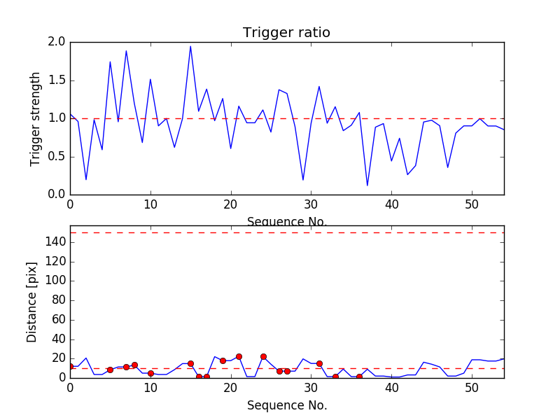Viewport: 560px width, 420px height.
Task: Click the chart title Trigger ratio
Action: point(286,33)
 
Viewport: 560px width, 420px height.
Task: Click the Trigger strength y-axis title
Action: point(36,118)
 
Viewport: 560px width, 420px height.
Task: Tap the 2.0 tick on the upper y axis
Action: point(57,42)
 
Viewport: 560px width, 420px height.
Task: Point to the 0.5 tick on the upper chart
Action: point(57,156)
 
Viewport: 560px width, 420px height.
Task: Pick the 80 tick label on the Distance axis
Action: point(57,300)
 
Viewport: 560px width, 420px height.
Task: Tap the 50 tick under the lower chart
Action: point(472,387)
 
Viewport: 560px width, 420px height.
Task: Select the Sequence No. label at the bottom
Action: point(286,405)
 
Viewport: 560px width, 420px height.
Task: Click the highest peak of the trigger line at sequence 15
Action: point(190,46)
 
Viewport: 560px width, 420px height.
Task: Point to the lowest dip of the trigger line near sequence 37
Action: point(367,185)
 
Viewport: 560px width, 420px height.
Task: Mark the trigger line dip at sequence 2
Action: point(86,180)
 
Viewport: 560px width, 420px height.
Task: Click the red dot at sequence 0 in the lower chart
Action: point(70,366)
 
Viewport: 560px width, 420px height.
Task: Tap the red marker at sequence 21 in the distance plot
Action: point(239,356)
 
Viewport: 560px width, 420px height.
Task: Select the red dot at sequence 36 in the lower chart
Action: point(359,377)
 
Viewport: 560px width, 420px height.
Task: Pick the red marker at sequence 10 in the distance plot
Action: point(150,373)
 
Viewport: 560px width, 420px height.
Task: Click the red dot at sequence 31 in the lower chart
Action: point(319,363)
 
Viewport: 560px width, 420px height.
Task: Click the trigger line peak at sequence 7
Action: point(126,50)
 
